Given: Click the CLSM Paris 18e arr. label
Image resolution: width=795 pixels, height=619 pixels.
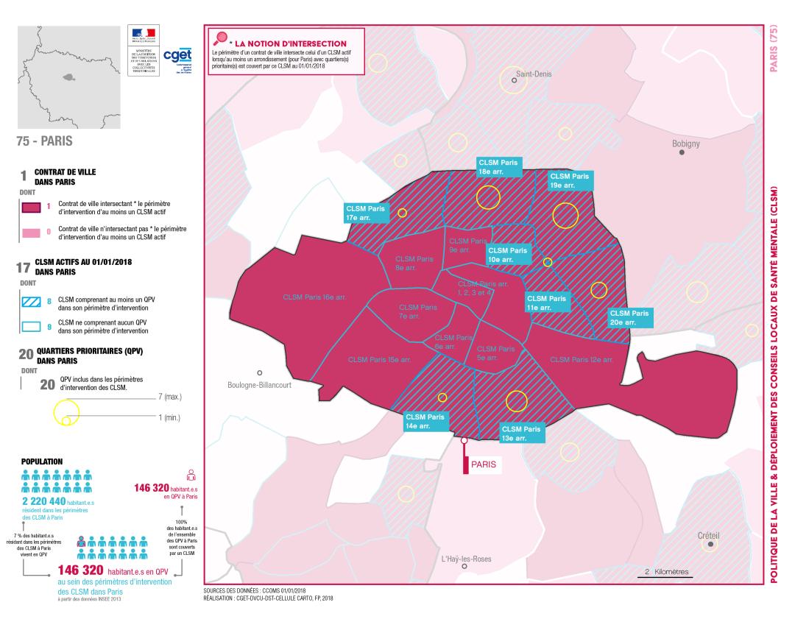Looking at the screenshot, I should click(x=498, y=167).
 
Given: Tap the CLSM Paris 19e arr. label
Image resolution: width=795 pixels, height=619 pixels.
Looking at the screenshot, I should click(x=570, y=181).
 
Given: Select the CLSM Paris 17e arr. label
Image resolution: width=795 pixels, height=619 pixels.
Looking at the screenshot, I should click(x=365, y=213).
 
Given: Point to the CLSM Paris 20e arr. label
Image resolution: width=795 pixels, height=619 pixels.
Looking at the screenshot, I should click(x=630, y=317).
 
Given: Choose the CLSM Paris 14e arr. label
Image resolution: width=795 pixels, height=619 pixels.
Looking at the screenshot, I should click(x=425, y=421).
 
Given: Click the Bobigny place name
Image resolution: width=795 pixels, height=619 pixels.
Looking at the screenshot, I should click(x=686, y=144).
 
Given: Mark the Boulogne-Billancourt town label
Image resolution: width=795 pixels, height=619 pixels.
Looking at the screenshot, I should click(x=259, y=384).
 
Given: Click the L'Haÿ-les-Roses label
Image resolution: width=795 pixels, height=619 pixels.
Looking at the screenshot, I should click(x=466, y=559).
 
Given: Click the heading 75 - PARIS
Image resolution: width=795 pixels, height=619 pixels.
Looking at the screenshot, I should click(x=45, y=138).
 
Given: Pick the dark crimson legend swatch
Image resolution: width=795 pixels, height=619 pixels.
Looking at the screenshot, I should click(x=30, y=207).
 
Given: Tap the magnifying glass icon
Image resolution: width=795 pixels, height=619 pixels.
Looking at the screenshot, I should click(x=219, y=40).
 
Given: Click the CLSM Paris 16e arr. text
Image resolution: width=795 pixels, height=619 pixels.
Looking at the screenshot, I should click(x=314, y=297).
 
